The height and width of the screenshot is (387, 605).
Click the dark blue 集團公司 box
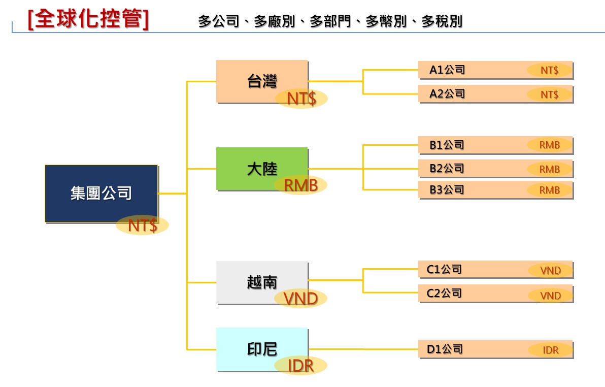click(102, 193)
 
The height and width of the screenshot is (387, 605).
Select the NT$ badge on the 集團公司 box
click(143, 225)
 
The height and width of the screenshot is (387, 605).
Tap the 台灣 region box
click(262, 81)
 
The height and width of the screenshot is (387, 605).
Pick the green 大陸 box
click(262, 169)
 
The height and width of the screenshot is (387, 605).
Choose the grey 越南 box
click(262, 282)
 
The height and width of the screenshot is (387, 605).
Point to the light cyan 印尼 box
click(262, 349)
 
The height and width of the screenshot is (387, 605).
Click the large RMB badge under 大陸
click(300, 185)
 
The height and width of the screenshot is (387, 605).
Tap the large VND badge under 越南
click(300, 298)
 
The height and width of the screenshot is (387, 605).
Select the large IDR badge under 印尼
click(300, 365)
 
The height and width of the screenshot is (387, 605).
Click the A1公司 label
click(447, 70)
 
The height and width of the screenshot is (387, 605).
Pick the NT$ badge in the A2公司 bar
click(550, 94)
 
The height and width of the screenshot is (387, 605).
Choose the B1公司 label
click(447, 145)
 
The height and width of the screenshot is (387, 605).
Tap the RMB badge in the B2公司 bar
click(550, 169)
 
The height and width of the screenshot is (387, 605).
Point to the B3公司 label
click(447, 189)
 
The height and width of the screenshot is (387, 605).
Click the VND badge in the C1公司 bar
click(551, 270)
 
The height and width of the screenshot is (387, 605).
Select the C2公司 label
click(444, 293)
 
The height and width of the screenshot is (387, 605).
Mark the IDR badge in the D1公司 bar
click(551, 350)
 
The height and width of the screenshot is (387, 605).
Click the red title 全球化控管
click(88, 19)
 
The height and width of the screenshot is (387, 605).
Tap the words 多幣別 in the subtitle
click(386, 21)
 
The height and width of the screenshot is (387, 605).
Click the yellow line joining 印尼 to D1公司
click(363, 349)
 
